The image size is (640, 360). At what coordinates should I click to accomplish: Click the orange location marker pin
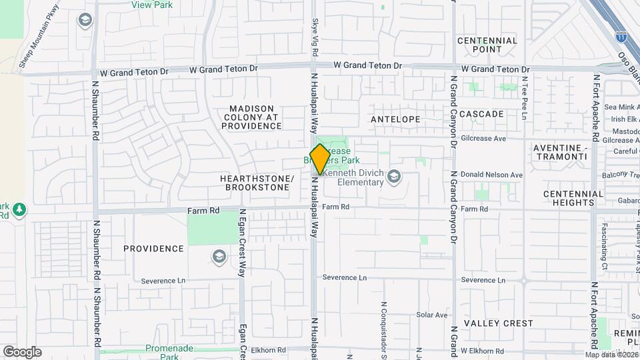pos(320,159)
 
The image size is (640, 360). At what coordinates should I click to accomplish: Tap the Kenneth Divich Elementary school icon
pos(394,176)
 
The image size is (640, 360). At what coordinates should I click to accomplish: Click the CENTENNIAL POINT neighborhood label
pos(487,45)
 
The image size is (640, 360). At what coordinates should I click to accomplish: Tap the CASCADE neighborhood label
pos(481,114)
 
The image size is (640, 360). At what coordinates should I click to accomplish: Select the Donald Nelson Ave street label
pos(491,175)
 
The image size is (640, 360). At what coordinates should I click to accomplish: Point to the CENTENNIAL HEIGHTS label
pos(573,198)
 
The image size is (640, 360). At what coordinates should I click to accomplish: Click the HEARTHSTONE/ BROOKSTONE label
pos(257,183)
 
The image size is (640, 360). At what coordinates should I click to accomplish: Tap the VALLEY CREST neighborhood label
pos(499,323)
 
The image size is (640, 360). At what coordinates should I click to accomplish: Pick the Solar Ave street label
pos(432,315)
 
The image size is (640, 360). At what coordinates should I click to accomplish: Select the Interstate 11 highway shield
pos(621,39)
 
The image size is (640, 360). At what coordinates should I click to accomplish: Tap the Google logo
pos(22,351)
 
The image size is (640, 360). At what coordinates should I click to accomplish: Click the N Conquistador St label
pos(384,327)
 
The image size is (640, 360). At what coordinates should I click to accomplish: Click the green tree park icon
pos(19,209)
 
